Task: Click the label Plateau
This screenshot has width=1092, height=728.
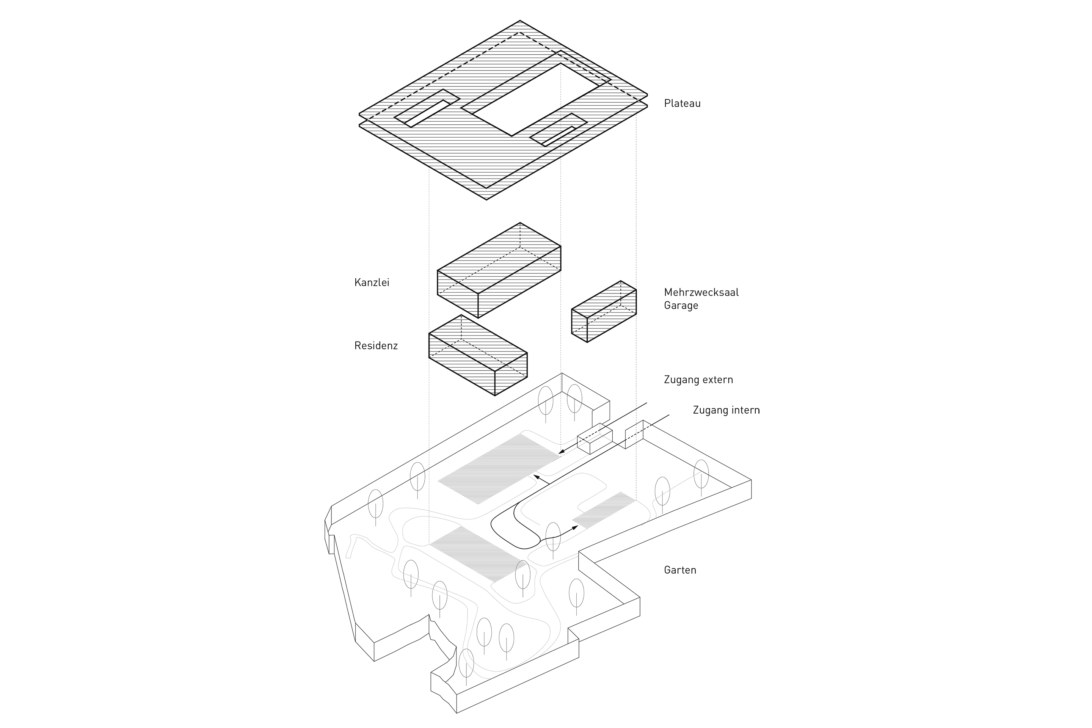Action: [682, 104]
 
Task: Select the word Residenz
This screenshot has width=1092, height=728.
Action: [376, 346]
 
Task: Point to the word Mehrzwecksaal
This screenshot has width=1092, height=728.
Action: [701, 292]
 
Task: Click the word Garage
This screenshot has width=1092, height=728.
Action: [681, 306]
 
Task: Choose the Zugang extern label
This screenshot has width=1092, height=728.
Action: [698, 380]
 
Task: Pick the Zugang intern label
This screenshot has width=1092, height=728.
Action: [726, 410]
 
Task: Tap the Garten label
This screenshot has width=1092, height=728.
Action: [680, 570]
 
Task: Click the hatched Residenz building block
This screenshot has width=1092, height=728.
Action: [478, 355]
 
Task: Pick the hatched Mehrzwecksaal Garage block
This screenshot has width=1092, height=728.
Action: [604, 311]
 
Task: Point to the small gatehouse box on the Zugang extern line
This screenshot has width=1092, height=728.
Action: [594, 438]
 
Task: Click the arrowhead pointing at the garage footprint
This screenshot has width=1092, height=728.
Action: [575, 527]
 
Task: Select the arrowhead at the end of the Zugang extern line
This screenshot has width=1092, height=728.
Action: [561, 452]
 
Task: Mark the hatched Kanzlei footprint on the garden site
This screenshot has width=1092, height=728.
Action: [499, 469]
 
